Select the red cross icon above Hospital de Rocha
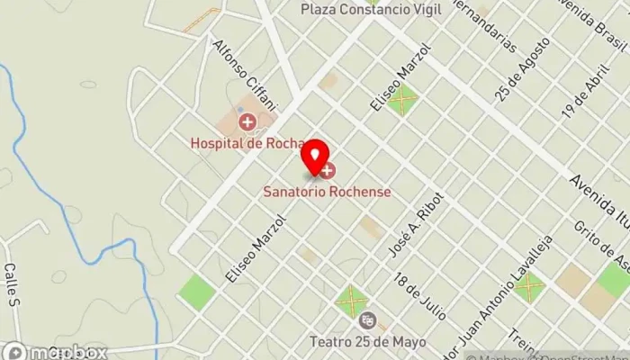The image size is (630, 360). tap(245, 121)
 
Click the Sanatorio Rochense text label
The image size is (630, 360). tap(327, 191)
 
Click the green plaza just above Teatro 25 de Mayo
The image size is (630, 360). tap(352, 299)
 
